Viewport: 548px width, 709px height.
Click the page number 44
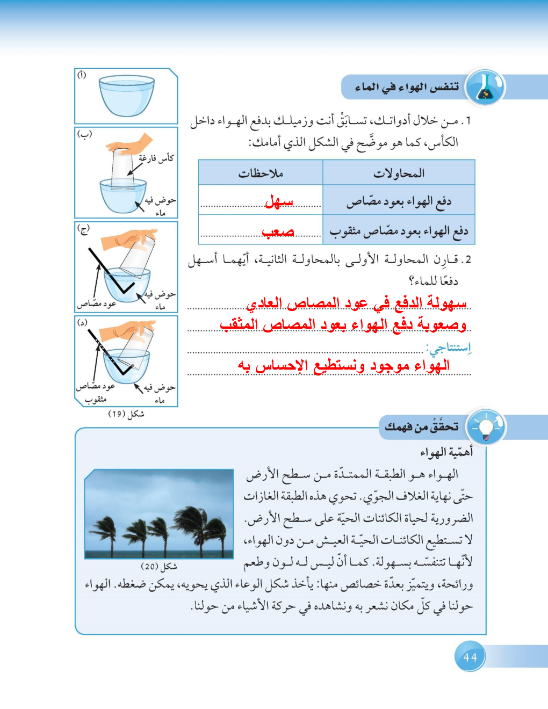click(x=470, y=657)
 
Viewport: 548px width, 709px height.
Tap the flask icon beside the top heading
click(x=485, y=87)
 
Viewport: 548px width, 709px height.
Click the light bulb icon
click(x=486, y=428)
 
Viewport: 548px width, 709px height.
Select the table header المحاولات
click(x=399, y=173)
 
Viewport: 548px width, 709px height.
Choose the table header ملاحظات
click(x=261, y=173)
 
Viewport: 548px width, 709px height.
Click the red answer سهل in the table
click(x=279, y=202)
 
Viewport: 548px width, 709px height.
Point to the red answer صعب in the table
click(x=278, y=231)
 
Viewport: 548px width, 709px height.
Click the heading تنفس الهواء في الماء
click(x=407, y=87)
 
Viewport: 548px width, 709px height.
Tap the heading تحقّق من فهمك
click(x=422, y=427)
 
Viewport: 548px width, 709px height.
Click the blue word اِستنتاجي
click(x=449, y=348)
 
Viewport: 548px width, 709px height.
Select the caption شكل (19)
click(x=126, y=414)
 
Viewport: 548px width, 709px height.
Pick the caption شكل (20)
click(x=159, y=566)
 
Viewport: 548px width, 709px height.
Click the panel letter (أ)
click(x=82, y=75)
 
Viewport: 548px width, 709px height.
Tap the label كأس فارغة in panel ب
click(x=156, y=158)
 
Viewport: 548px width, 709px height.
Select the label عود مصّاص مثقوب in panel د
click(x=96, y=393)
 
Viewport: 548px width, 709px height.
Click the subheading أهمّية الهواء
click(x=446, y=452)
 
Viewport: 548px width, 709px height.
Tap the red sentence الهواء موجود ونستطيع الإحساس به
click(x=344, y=366)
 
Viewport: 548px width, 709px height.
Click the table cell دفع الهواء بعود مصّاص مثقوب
click(x=399, y=231)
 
